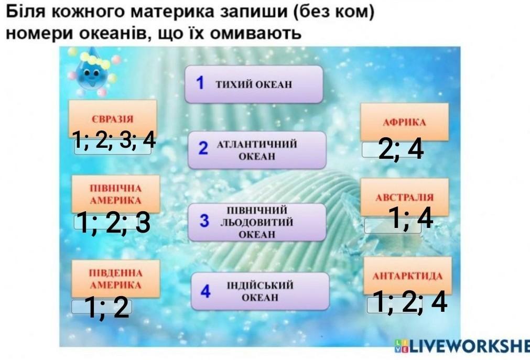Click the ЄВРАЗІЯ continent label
(113, 119)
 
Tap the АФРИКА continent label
(404, 122)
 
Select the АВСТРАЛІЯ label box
(404, 197)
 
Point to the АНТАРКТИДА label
(407, 276)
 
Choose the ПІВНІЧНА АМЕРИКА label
(116, 194)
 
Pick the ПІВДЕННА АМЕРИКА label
(116, 279)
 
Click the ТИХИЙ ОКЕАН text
(254, 84)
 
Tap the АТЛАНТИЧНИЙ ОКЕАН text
(257, 150)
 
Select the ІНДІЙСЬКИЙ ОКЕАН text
(260, 291)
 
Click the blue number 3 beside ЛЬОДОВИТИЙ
(204, 221)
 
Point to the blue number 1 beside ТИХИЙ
(200, 82)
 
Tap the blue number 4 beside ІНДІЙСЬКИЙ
(205, 291)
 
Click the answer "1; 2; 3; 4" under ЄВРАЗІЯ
(114, 140)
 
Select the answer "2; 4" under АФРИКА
(401, 149)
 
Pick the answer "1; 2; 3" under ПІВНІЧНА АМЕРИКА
(113, 222)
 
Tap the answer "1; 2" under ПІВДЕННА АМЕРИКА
(106, 307)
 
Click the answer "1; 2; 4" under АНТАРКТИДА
(409, 301)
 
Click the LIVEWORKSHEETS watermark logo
(462, 346)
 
